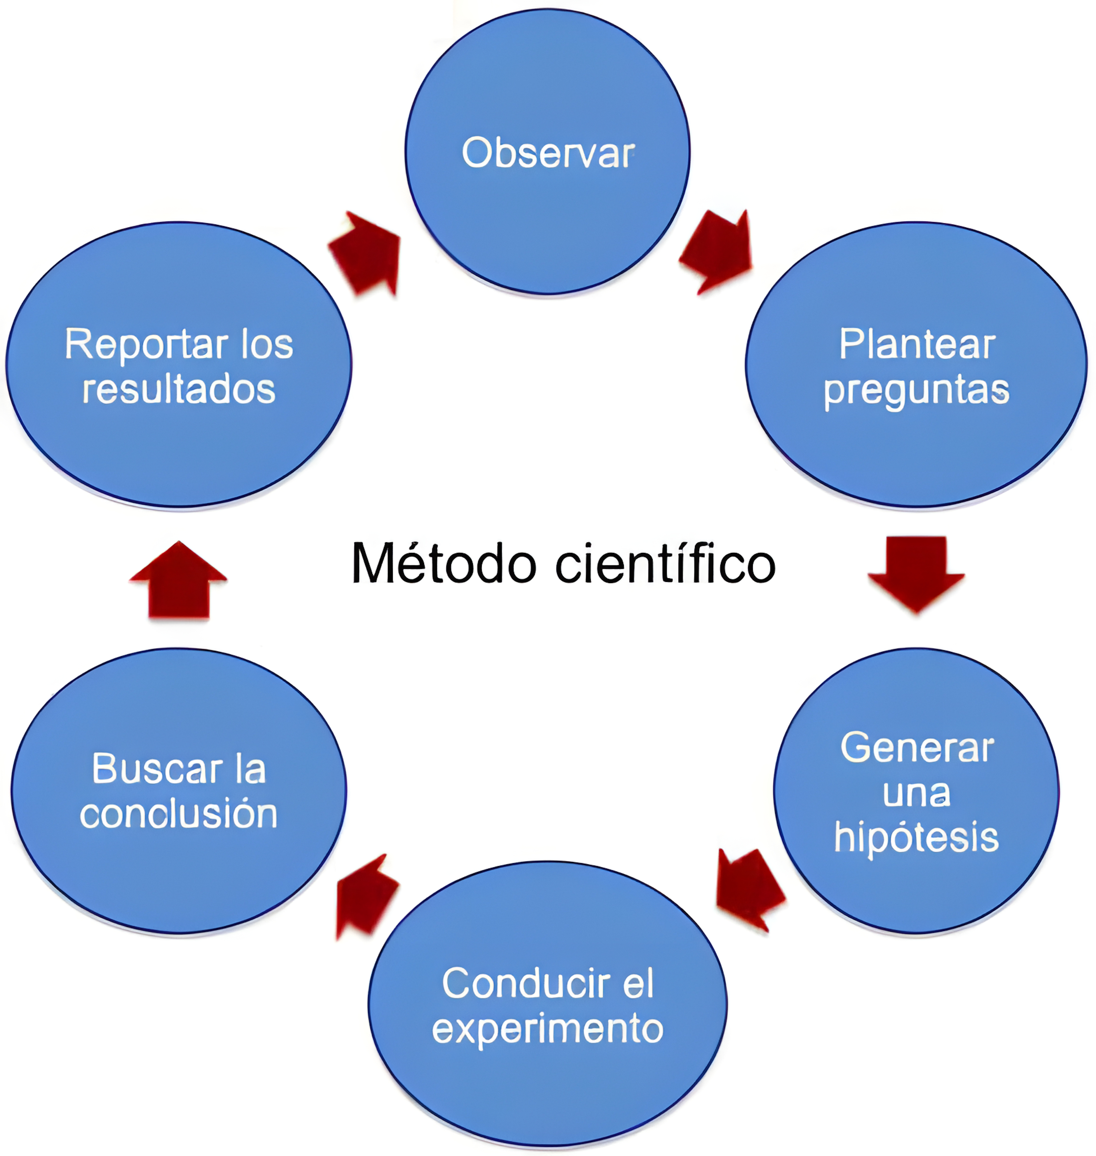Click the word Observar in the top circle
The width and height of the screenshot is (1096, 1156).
point(548,153)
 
